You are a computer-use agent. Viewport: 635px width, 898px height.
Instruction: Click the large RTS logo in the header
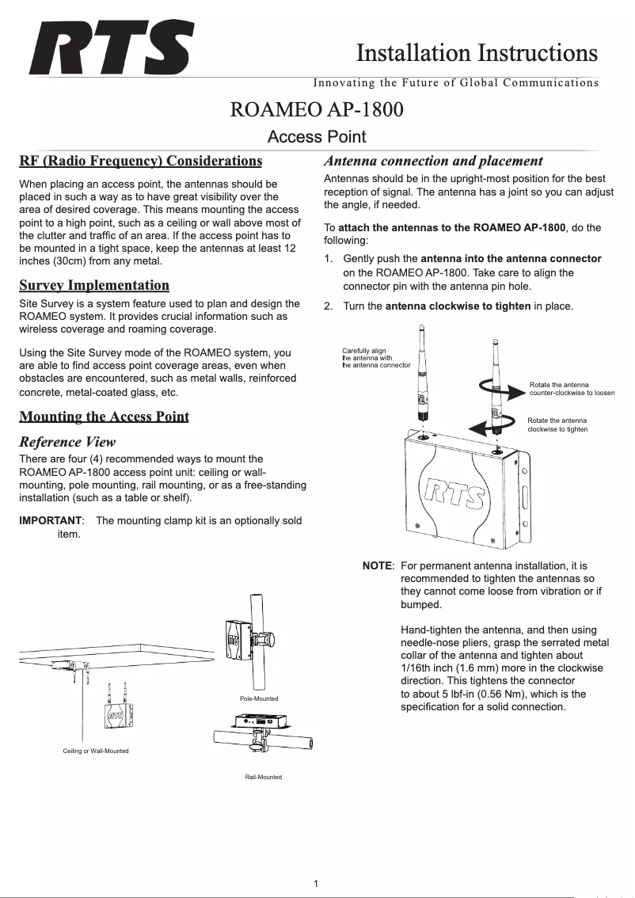[x=111, y=48]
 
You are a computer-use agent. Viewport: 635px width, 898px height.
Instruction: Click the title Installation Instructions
[x=477, y=53]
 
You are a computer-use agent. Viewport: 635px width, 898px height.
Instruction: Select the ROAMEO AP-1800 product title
[x=317, y=109]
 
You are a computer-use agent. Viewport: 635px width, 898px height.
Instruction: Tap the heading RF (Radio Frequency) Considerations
[x=140, y=162]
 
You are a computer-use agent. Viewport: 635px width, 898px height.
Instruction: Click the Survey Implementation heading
[x=94, y=285]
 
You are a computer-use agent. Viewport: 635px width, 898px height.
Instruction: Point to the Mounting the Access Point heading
[x=104, y=417]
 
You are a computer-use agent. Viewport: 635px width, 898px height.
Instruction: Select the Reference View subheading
[x=67, y=441]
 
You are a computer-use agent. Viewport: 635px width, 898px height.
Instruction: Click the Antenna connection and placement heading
[x=433, y=161]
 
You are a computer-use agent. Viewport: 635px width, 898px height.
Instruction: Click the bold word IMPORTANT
[x=50, y=520]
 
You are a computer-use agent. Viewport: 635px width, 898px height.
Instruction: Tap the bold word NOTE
[x=377, y=566]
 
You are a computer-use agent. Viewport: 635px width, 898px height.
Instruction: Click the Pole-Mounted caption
[x=258, y=698]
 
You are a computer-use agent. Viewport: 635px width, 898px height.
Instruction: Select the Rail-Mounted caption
[x=263, y=777]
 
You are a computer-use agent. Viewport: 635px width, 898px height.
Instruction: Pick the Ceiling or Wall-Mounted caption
[x=95, y=750]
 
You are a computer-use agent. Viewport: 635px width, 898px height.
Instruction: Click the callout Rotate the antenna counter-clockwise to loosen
[x=572, y=389]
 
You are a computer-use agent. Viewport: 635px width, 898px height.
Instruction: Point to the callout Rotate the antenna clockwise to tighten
[x=557, y=424]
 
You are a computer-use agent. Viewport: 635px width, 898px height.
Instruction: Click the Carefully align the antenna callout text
[x=375, y=358]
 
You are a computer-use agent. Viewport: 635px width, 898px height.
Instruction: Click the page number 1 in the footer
[x=316, y=883]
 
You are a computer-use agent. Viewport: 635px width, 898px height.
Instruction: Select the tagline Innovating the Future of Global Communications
[x=455, y=82]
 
